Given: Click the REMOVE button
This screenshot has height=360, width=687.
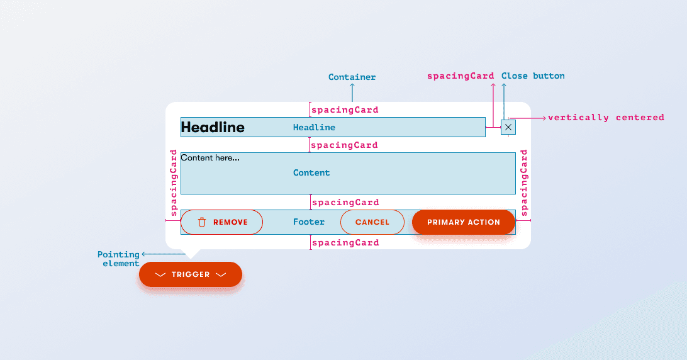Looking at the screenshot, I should [222, 222].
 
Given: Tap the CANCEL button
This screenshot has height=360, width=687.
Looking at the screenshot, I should [372, 222].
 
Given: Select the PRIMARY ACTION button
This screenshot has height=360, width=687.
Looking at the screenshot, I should [464, 222].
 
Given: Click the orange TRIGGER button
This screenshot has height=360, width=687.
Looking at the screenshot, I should [191, 274].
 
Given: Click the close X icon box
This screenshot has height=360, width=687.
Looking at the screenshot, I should [508, 127].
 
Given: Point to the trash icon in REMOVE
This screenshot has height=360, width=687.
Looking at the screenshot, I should [202, 222].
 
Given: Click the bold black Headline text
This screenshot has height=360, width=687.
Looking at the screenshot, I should [213, 127].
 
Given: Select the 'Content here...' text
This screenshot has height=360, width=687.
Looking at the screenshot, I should [210, 158].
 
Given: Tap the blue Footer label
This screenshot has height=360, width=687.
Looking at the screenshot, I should [309, 222].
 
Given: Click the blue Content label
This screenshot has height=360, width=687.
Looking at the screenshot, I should [311, 172].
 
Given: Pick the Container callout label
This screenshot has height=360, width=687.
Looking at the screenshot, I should [352, 77].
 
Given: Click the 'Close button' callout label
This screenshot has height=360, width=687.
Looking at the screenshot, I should [533, 76].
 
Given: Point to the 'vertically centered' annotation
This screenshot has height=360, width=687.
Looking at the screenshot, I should [606, 117].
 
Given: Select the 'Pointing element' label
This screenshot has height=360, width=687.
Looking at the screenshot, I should [120, 259].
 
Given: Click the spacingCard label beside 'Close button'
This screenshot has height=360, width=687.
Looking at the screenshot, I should [461, 76].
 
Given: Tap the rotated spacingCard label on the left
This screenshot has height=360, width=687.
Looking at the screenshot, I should [174, 183].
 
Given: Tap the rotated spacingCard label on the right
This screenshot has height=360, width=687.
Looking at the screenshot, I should [524, 183].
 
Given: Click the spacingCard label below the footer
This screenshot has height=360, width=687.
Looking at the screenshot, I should [345, 242].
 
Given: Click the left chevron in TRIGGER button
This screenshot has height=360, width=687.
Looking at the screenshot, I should [160, 274].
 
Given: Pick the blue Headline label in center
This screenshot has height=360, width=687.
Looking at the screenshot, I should [314, 127].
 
